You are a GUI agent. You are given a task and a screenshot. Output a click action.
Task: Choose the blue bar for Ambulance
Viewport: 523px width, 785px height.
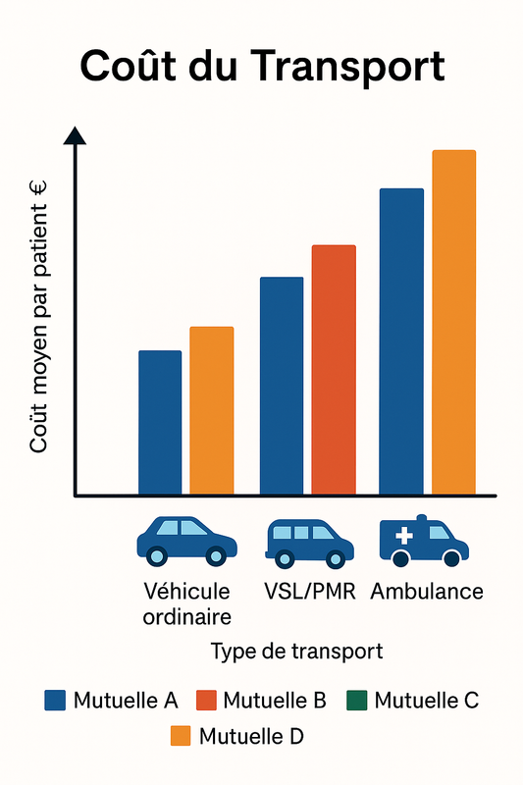coord(401,341)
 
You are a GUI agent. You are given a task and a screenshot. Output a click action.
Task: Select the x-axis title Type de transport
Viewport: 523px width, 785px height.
coord(296,651)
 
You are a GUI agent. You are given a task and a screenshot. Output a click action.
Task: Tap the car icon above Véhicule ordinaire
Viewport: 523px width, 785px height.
coord(185,541)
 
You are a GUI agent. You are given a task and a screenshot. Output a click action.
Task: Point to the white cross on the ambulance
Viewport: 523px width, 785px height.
coord(404,536)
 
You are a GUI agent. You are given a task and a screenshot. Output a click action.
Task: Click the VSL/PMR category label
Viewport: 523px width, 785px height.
coord(310,592)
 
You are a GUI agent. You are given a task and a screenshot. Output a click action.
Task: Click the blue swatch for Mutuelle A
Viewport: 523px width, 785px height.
coord(56,701)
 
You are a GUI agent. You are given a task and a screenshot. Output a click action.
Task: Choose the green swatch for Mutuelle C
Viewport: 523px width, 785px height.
coord(356,701)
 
